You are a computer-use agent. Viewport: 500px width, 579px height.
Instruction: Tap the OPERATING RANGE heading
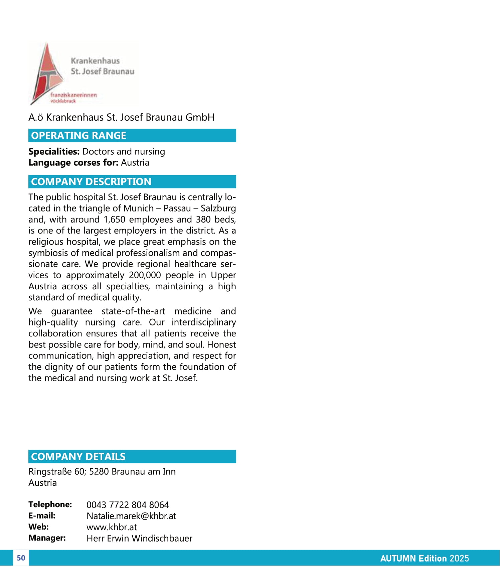coord(78,136)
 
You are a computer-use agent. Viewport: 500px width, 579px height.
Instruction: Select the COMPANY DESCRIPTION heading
coord(91,182)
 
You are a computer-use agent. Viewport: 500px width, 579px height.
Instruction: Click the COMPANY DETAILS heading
coord(78,457)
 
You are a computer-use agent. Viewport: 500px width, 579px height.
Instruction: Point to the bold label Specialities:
coord(54,152)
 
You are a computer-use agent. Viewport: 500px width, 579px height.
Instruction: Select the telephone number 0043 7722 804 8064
coord(128,505)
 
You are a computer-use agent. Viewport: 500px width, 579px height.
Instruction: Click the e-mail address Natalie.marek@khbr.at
coord(131,516)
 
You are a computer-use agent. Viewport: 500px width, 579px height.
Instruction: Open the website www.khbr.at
coord(112,527)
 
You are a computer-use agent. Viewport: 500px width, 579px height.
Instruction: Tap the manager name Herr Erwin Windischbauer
coord(139,539)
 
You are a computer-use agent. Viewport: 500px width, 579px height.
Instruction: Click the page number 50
coord(21,558)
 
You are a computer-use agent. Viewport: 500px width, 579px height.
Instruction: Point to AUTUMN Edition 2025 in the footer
coord(424,559)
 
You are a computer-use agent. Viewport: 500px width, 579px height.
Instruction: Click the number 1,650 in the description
coord(115,220)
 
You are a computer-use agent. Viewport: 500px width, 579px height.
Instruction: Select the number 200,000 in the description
coord(145,275)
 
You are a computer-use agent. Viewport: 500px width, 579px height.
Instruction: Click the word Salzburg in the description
coord(218,208)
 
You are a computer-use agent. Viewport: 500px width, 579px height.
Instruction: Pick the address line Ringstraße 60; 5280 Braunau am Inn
coord(102,472)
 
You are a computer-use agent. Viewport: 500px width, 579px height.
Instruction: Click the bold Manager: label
coord(47,538)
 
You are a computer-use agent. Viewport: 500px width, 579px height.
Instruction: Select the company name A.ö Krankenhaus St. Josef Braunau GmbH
coord(121,117)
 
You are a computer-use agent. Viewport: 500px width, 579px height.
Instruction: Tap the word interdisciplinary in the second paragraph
coord(204,322)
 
